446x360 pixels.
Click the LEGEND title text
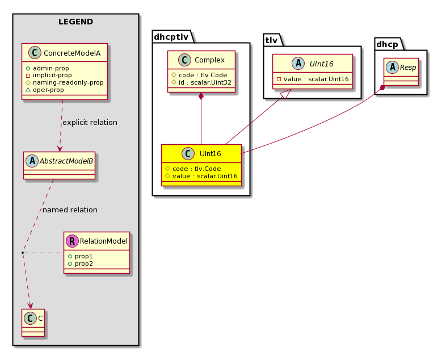[75, 22]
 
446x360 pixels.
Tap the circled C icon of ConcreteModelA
[35, 53]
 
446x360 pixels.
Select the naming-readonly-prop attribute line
[65, 82]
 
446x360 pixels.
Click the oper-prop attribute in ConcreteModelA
[45, 90]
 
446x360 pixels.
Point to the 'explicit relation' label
[90, 123]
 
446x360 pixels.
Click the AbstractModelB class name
[66, 161]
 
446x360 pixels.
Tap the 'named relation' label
[70, 210]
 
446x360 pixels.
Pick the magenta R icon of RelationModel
[72, 241]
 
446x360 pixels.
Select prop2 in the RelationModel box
[81, 264]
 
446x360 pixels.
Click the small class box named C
[33, 323]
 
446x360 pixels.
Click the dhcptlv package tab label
[171, 37]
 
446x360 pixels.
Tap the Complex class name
[209, 60]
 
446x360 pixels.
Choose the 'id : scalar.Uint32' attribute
[201, 82]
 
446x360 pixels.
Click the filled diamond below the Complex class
[201, 96]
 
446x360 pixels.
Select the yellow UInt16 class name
[210, 154]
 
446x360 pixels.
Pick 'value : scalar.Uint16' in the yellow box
[201, 176]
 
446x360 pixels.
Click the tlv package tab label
[271, 40]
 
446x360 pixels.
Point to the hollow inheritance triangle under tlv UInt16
[287, 93]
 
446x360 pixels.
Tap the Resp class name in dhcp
[408, 68]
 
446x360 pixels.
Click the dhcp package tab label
[387, 44]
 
